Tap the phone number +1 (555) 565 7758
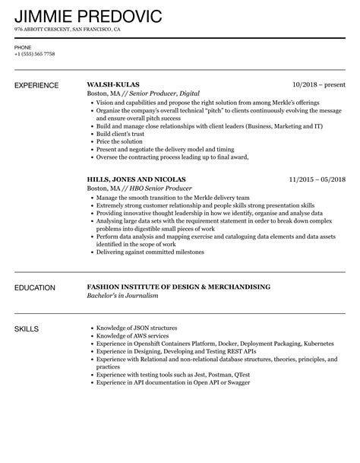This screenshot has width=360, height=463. coord(35,55)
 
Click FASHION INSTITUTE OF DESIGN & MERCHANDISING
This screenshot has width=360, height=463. coord(179,288)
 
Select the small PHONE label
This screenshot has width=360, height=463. coord(23,47)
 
